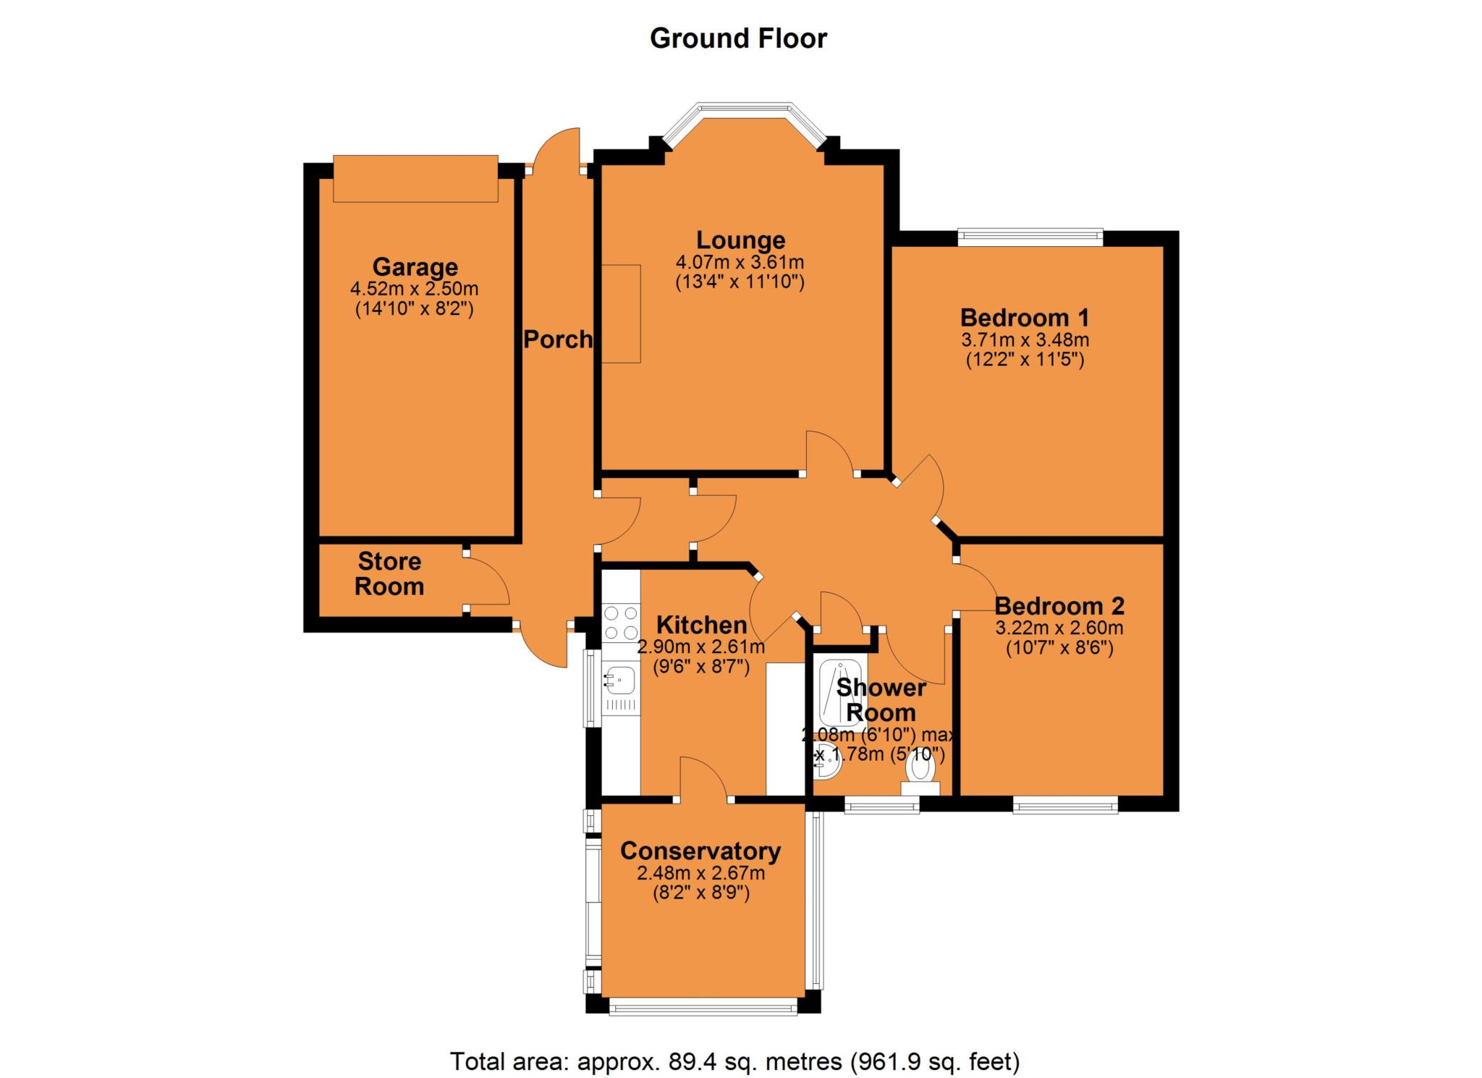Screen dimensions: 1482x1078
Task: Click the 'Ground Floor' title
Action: coord(738,38)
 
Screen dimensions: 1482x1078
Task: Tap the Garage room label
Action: coord(415,267)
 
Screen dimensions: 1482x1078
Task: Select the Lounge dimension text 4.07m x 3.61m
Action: coord(740,262)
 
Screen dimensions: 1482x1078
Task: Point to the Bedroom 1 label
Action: coord(1025,317)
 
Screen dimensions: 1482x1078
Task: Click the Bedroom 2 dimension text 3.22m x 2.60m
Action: coord(1059,628)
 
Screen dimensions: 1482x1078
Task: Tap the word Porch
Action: coord(558,339)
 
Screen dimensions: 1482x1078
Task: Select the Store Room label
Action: coord(389,573)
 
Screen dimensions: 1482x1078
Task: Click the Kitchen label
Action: coord(701,624)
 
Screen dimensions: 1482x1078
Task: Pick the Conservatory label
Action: coord(700,851)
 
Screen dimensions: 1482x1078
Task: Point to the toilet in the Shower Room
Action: coord(920,778)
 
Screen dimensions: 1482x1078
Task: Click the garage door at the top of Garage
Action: coord(415,178)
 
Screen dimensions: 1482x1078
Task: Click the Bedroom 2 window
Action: coord(1065,804)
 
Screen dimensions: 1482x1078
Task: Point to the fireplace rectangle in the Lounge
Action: coord(621,313)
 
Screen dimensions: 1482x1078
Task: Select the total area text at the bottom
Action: coord(735,1061)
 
